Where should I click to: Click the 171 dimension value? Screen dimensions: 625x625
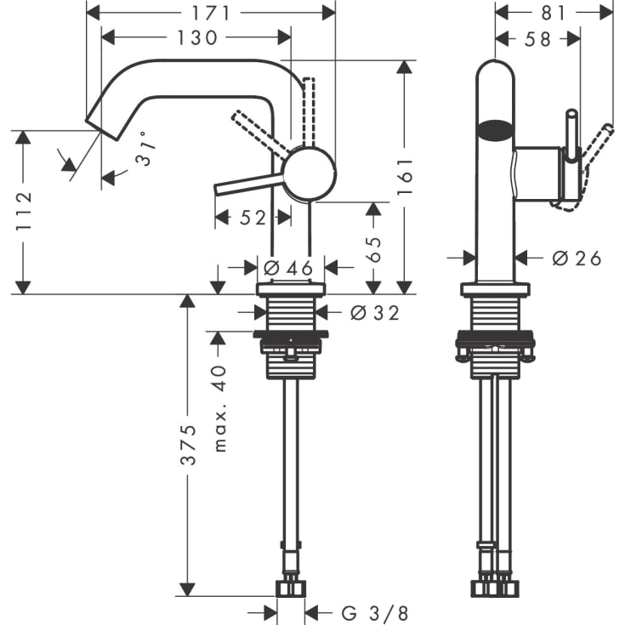(x=212, y=12)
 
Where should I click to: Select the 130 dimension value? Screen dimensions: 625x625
(x=199, y=37)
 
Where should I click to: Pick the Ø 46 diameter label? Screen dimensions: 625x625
(x=288, y=268)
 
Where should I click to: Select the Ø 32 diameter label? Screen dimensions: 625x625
(x=374, y=313)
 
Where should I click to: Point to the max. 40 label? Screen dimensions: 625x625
(x=219, y=408)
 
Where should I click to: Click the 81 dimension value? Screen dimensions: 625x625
(x=554, y=12)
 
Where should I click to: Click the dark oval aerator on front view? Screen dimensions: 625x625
(x=496, y=131)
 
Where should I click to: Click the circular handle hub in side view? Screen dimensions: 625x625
(x=308, y=173)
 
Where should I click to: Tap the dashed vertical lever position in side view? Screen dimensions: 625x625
(x=309, y=111)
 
